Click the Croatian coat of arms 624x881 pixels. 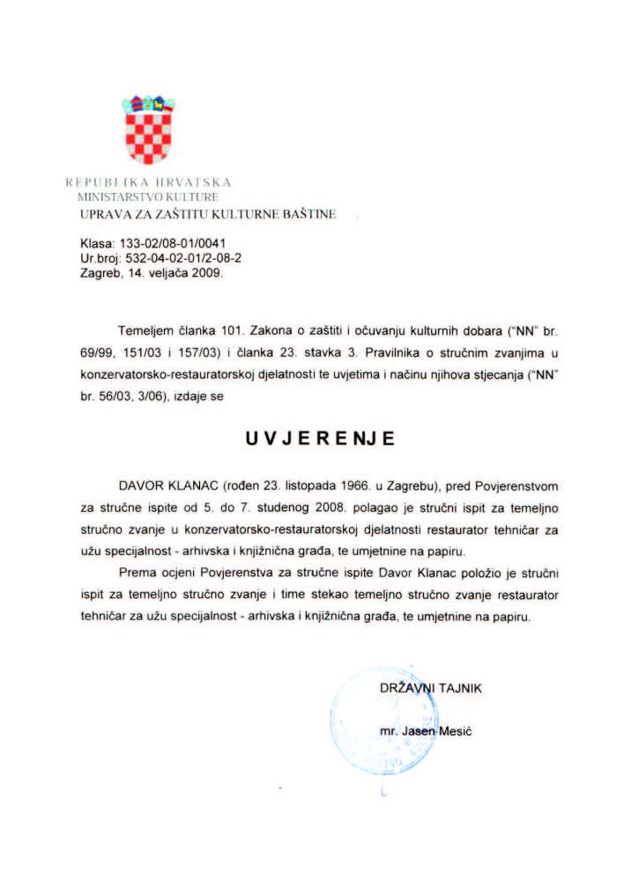click(x=147, y=130)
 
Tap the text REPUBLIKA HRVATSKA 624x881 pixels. click(x=148, y=182)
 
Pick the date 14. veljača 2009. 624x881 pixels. click(x=175, y=273)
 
